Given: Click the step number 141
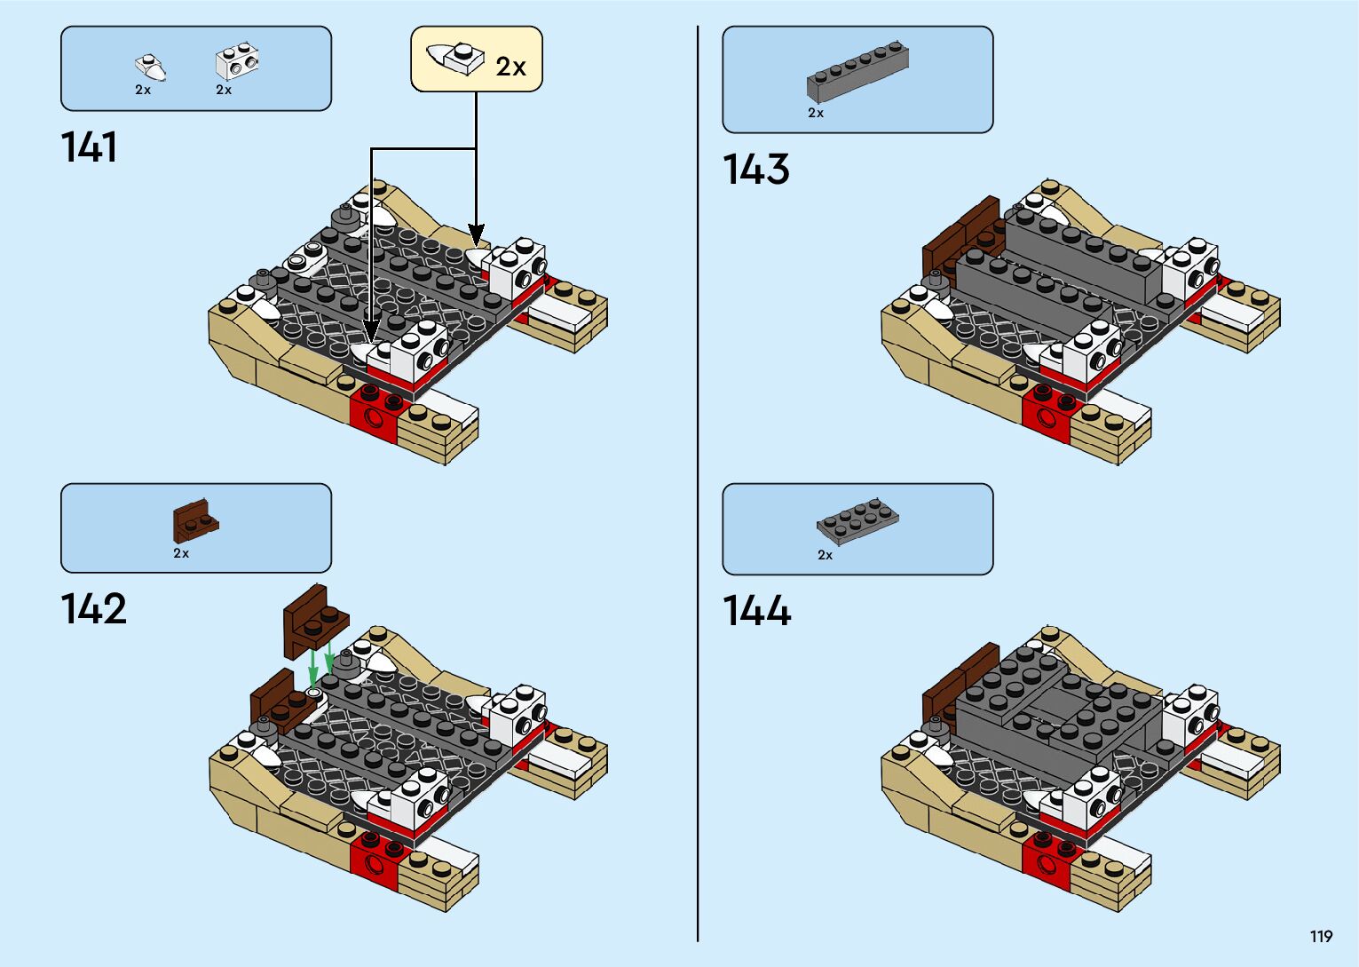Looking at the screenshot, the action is (x=89, y=147).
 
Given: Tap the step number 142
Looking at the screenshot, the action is (x=93, y=609).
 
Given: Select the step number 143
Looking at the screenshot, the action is (x=755, y=169).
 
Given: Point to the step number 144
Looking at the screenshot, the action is (x=756, y=611).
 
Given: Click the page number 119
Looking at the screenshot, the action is (x=1321, y=936).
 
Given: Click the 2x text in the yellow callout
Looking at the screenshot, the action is (x=510, y=67).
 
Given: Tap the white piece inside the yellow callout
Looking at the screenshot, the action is (x=454, y=58).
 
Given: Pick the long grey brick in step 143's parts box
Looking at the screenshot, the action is (x=857, y=70).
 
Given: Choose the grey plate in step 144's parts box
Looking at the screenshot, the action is (x=857, y=520).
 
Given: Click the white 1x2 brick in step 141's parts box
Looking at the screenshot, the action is (x=237, y=62).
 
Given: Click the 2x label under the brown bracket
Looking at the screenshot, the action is (x=181, y=553).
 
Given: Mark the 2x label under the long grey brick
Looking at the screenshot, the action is (x=816, y=113).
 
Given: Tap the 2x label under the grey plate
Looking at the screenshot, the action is (x=826, y=555).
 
